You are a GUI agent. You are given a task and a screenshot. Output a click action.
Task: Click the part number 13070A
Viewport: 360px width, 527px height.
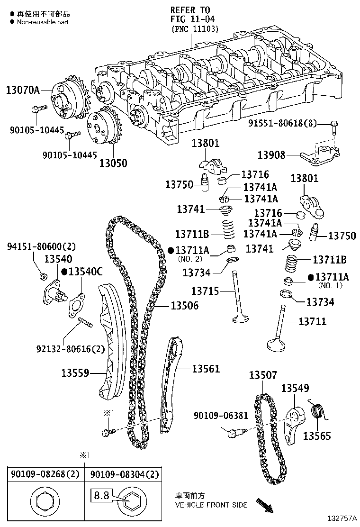point(23,89)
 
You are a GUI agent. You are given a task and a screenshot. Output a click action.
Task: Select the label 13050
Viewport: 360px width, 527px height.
point(113,163)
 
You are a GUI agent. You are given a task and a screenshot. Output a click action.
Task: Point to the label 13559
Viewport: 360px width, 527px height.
point(75,373)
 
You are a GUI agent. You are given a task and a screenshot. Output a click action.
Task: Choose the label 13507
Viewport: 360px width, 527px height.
point(264,375)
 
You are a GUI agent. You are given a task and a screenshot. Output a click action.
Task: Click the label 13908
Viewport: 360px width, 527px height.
point(271,154)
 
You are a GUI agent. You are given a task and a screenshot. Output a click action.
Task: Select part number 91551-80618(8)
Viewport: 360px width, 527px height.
point(288,124)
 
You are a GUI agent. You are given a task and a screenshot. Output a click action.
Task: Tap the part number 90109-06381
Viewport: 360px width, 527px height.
point(221,416)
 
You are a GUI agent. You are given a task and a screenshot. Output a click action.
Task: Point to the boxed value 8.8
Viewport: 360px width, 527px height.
point(101,496)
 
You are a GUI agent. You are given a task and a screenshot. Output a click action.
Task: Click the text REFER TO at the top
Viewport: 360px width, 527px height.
point(190,10)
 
